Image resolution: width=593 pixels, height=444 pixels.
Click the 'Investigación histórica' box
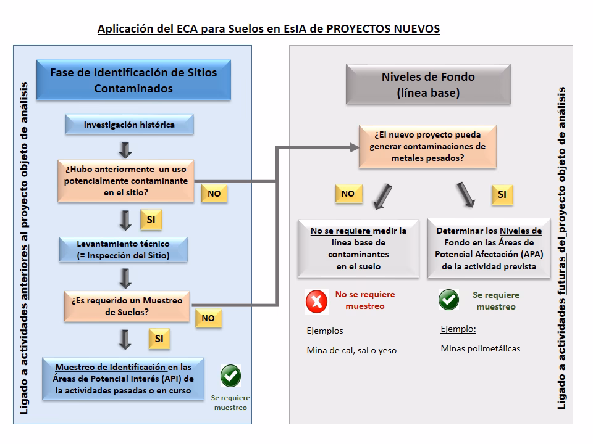(x=129, y=125)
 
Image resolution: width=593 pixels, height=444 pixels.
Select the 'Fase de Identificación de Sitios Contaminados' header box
(x=133, y=80)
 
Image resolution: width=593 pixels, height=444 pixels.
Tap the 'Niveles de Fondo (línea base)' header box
(x=427, y=85)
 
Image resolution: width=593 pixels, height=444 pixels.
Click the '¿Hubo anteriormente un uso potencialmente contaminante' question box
(x=126, y=180)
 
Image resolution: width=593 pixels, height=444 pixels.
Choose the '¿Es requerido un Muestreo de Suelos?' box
(x=127, y=306)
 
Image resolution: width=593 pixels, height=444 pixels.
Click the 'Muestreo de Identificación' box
(x=125, y=378)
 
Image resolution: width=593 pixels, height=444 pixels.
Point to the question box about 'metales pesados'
(x=427, y=146)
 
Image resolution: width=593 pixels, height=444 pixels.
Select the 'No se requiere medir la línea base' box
(x=358, y=249)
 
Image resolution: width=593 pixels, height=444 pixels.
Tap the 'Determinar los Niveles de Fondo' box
(x=489, y=249)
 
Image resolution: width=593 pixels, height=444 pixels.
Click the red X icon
(x=317, y=301)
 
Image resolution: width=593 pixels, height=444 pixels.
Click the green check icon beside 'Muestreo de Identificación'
(x=230, y=376)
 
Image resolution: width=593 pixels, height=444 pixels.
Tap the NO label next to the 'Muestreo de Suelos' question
(x=208, y=318)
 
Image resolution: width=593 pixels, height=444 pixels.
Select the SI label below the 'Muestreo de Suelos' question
(x=159, y=339)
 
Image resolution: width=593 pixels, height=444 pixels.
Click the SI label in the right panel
(x=502, y=195)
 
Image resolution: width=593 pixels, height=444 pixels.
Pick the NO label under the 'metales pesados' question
(x=348, y=194)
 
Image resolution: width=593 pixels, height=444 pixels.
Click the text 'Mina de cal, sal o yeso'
(x=351, y=350)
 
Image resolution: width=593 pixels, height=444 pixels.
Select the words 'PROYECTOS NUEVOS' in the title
(x=382, y=29)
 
